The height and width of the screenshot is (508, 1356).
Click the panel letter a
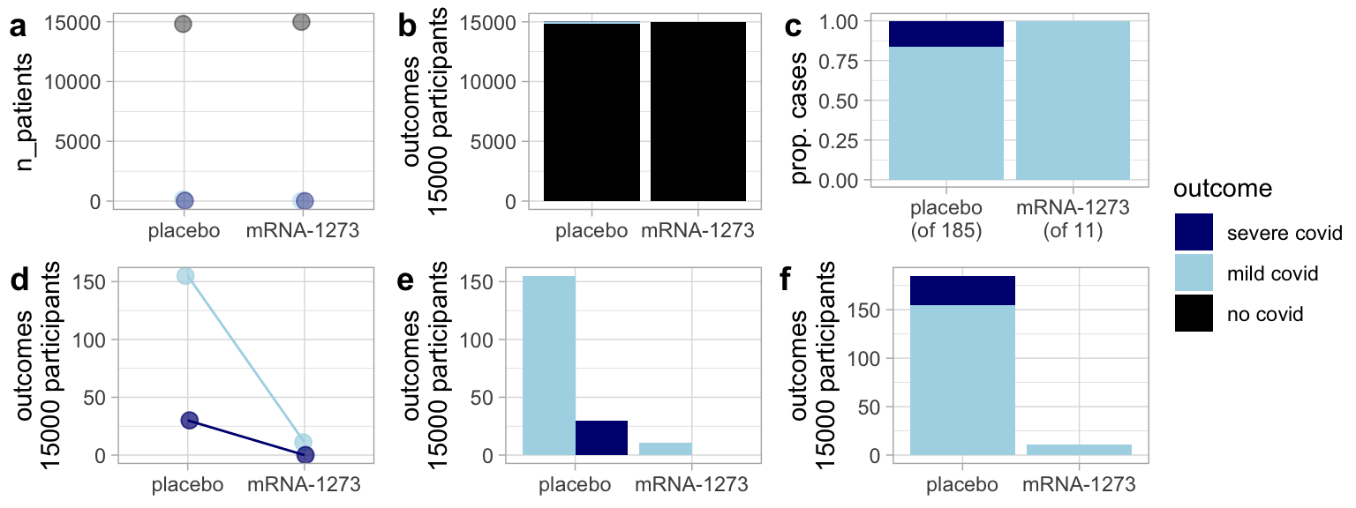pos(17,28)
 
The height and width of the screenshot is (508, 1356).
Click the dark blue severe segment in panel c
pos(945,34)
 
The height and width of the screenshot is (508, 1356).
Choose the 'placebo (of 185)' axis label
pos(945,221)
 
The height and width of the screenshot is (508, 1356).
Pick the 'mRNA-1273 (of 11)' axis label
pos(1073,221)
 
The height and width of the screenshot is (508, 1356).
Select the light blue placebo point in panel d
pos(185,276)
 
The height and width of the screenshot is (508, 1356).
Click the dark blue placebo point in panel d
pos(188,421)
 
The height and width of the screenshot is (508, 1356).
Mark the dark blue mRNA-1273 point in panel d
pos(305,455)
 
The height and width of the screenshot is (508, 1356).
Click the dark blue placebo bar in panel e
pos(601,437)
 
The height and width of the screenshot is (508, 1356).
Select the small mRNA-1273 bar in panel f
pos(1079,450)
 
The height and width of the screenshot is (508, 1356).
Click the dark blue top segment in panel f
pos(962,290)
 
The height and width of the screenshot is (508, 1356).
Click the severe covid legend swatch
pos(1194,232)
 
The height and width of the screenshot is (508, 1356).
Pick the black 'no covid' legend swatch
pos(1194,313)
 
